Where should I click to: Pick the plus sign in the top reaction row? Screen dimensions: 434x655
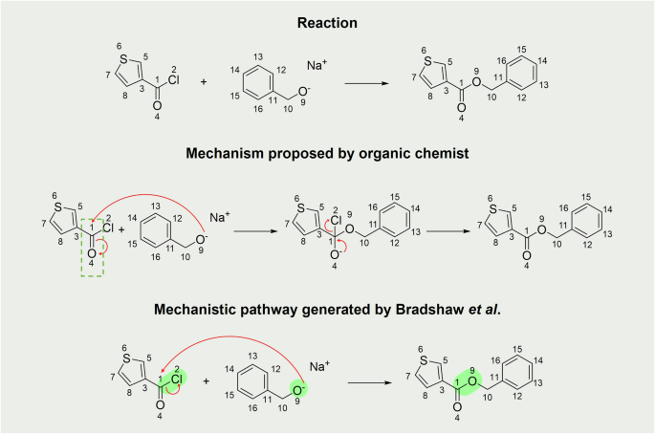pos(204,83)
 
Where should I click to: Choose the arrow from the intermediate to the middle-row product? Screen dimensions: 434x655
pos(447,229)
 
